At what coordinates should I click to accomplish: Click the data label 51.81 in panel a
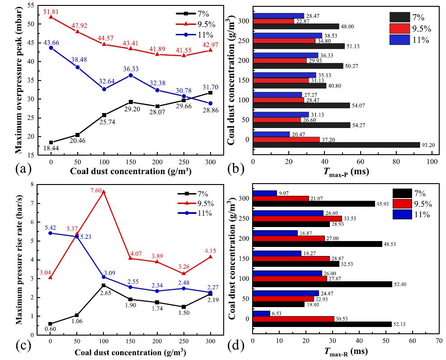click(51, 10)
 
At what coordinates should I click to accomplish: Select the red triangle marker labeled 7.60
click(103, 191)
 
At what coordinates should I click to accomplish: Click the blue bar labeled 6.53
click(261, 313)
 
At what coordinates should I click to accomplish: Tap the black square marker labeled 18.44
click(51, 142)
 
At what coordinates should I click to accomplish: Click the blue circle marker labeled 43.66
click(51, 47)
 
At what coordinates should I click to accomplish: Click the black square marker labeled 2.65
click(103, 285)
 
